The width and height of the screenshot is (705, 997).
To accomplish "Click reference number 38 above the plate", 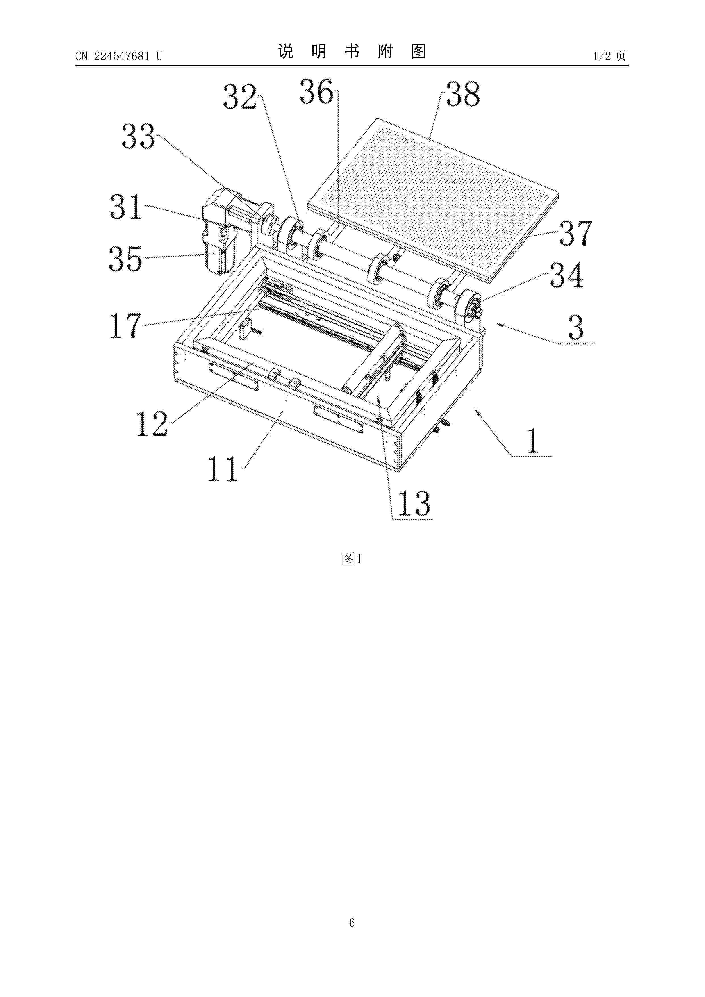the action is [463, 94].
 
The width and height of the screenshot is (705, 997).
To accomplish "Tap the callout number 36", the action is [317, 92].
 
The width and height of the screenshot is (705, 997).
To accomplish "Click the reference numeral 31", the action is [126, 206].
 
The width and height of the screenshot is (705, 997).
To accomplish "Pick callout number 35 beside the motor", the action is [126, 259].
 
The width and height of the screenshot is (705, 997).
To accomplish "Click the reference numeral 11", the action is [223, 469].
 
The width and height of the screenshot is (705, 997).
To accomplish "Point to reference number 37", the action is [576, 233].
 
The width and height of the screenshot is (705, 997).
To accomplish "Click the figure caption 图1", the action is [352, 559].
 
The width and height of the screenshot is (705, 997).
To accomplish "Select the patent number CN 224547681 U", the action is [119, 56].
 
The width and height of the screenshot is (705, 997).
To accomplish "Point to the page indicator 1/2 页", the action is [609, 56].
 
